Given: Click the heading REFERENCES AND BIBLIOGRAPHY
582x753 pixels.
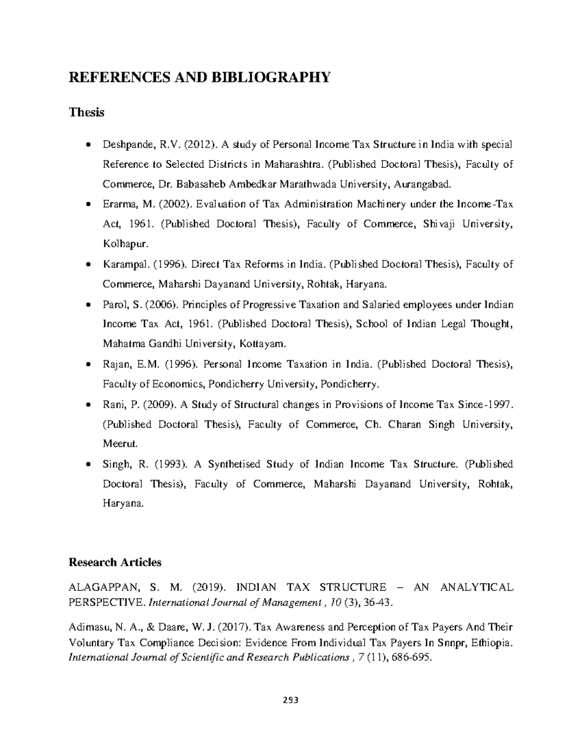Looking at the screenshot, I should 199,77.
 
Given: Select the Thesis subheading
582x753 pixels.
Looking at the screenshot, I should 86,112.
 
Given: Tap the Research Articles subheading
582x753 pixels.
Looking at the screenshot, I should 115,562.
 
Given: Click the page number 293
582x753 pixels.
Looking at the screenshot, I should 291,700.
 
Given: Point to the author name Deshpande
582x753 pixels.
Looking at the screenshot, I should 126,144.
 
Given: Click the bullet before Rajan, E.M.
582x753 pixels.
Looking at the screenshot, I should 87,364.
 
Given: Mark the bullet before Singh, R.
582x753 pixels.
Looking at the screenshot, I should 87,464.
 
